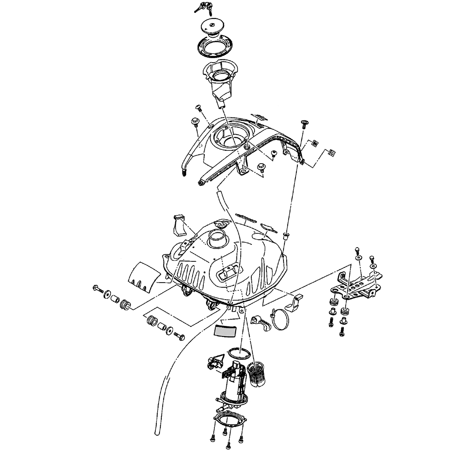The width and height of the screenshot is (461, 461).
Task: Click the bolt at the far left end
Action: [97, 290]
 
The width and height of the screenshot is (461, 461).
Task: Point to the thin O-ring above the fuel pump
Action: [239, 353]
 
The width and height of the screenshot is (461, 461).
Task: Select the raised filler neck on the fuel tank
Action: [217, 238]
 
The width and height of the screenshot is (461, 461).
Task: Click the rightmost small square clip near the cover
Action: [331, 152]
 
